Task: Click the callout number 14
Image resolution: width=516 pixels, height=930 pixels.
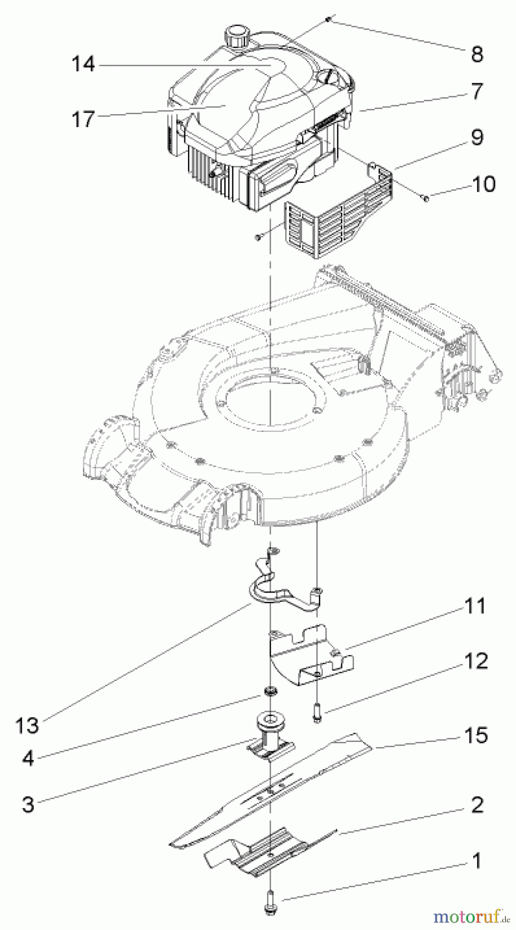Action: [83, 65]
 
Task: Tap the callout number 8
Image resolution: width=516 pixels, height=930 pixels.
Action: [477, 53]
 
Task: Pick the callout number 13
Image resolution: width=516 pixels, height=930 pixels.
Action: [27, 725]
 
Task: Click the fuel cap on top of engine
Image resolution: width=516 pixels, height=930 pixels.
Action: [237, 37]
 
